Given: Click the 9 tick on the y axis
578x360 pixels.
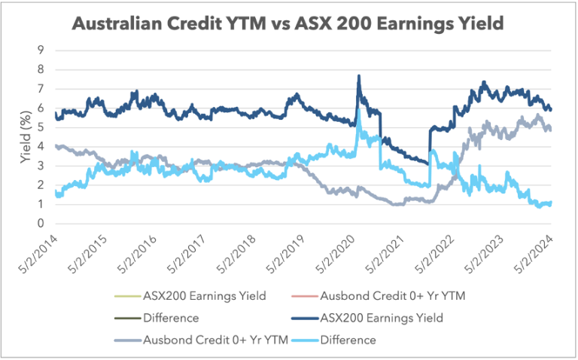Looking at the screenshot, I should (41, 50).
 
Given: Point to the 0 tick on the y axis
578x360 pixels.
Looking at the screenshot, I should (41, 224).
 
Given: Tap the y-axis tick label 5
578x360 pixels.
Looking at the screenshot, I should (41, 127).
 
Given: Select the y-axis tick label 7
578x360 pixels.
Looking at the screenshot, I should (41, 89).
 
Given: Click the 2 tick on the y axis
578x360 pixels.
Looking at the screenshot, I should (41, 185).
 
